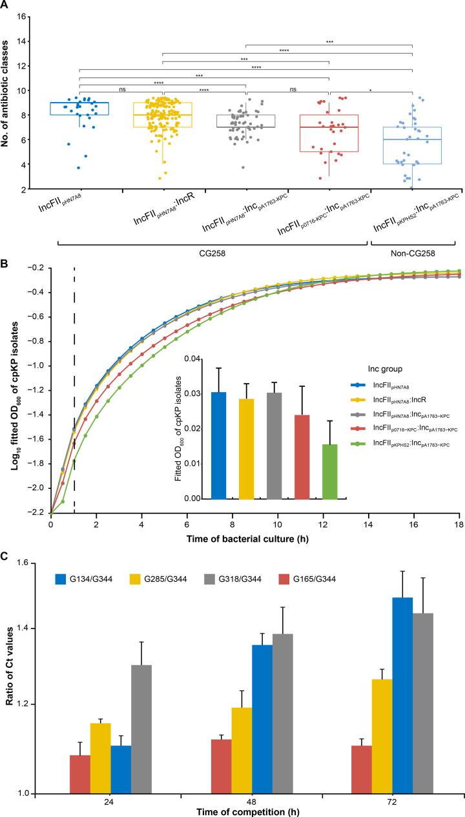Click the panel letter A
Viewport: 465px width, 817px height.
5,6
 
